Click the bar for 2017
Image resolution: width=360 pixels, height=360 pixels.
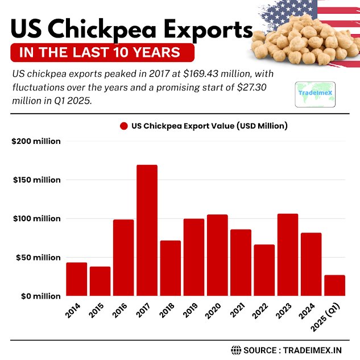147,230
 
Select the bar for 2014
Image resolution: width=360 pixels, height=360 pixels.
77,279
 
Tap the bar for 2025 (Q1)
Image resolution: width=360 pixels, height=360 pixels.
334,285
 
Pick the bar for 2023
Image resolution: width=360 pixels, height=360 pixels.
287,255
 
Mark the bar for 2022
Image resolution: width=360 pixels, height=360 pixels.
264,270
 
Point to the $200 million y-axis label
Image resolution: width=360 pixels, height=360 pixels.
36,141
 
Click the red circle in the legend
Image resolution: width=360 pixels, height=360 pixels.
123,126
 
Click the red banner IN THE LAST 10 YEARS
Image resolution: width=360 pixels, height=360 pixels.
102,53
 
